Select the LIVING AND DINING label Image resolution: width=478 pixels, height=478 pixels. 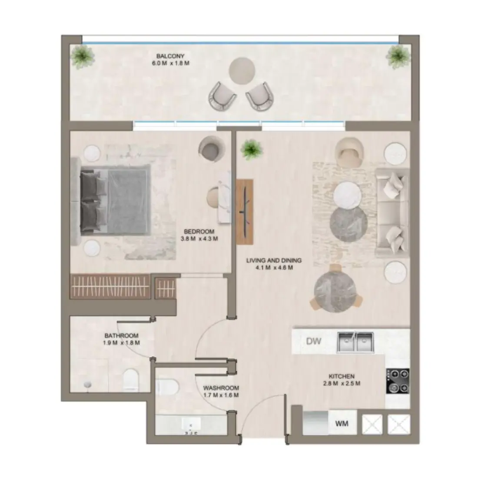pyautogui.click(x=274, y=264)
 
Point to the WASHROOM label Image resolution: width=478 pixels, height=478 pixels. pyautogui.click(x=221, y=391)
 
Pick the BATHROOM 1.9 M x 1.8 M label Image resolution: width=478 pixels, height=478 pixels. pyautogui.click(x=121, y=339)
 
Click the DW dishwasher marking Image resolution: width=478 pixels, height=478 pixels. pyautogui.click(x=313, y=341)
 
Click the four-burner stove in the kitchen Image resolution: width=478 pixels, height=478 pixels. pyautogui.click(x=397, y=381)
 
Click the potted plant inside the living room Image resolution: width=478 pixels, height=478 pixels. pyautogui.click(x=252, y=149)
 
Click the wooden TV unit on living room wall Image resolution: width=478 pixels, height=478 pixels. pyautogui.click(x=245, y=211)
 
